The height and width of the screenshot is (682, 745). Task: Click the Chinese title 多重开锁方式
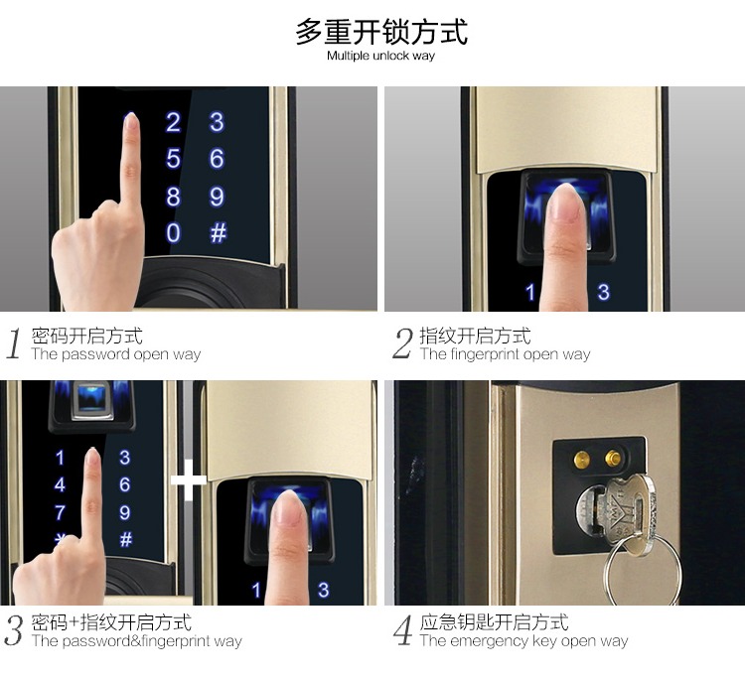click(381, 31)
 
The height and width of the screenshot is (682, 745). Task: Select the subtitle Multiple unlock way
click(381, 57)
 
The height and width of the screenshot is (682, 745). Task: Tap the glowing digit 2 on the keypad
click(173, 123)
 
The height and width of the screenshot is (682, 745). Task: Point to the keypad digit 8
click(173, 197)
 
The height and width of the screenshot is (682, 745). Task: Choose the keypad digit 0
click(173, 233)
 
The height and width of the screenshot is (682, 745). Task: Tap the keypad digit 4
click(61, 485)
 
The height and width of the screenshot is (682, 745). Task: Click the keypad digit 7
click(61, 513)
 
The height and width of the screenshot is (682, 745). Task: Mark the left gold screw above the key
click(581, 458)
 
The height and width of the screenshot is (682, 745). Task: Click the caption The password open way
click(115, 354)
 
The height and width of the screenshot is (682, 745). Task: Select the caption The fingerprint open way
click(505, 354)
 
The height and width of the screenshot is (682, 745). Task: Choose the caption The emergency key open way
click(523, 641)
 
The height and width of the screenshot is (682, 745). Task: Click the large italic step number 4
click(402, 631)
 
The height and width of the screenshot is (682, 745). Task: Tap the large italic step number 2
click(402, 344)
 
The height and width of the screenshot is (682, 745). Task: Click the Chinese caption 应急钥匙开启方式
click(494, 622)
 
